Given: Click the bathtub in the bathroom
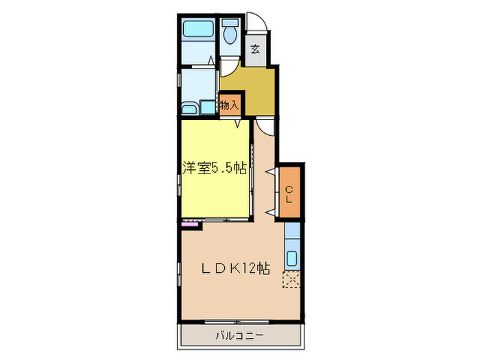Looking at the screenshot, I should click(x=198, y=31).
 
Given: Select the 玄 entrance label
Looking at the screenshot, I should click(x=254, y=49).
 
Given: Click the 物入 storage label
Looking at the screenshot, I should click(x=229, y=106).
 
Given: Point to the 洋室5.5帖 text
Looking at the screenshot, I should click(x=214, y=169).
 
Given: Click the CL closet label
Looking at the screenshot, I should click(x=289, y=195).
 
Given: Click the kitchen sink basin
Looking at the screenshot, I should click(x=291, y=259).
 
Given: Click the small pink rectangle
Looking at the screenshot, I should click(x=189, y=224).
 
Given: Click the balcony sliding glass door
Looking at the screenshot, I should click(x=240, y=322).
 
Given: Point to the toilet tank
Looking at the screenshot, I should click(x=230, y=20).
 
